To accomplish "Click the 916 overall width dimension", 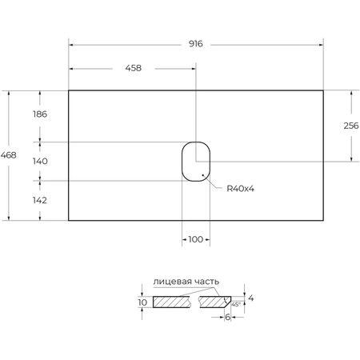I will pyautogui.click(x=195, y=45).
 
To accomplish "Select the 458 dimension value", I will pyautogui.click(x=132, y=68).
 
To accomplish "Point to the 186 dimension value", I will pyautogui.click(x=40, y=114).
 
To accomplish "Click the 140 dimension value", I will pyautogui.click(x=40, y=161).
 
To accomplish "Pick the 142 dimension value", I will pyautogui.click(x=40, y=200).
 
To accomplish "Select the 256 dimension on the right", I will pyautogui.click(x=351, y=126).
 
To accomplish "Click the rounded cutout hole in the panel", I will pyautogui.click(x=195, y=161).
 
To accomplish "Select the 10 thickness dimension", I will pyautogui.click(x=142, y=302).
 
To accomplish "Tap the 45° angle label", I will pyautogui.click(x=236, y=305).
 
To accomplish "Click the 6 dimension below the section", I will pyautogui.click(x=227, y=317).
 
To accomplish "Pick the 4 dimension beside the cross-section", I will pyautogui.click(x=250, y=298).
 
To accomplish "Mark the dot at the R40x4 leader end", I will pyautogui.click(x=204, y=174).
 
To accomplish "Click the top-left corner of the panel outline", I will pyautogui.click(x=69, y=90).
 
